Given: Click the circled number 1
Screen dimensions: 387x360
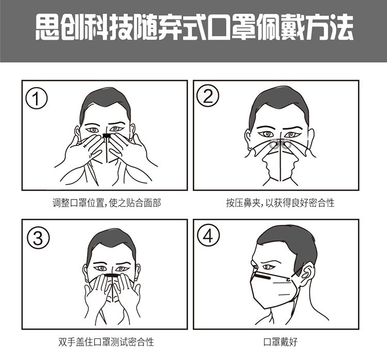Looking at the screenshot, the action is coord(37,98).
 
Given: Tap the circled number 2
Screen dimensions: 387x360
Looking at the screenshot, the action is coord(207,95).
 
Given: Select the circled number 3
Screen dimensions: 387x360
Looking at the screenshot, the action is coord(38,238).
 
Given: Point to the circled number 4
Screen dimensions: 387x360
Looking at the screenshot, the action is coord(208,235).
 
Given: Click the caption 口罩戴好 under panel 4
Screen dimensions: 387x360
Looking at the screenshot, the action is coord(280,342).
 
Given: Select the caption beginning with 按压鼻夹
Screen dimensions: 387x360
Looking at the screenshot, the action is coord(280,203).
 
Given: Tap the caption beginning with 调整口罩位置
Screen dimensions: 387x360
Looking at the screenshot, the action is coord(107,203).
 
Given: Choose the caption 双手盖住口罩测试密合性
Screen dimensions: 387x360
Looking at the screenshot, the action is coord(106,342).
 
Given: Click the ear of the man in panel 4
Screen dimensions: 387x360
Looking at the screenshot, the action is coord(308,272).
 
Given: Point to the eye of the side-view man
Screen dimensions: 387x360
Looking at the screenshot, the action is coord(268,267).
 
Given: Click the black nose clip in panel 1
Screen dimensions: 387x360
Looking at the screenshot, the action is coord(107,136).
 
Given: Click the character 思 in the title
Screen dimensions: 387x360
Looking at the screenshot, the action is coord(47,27).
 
